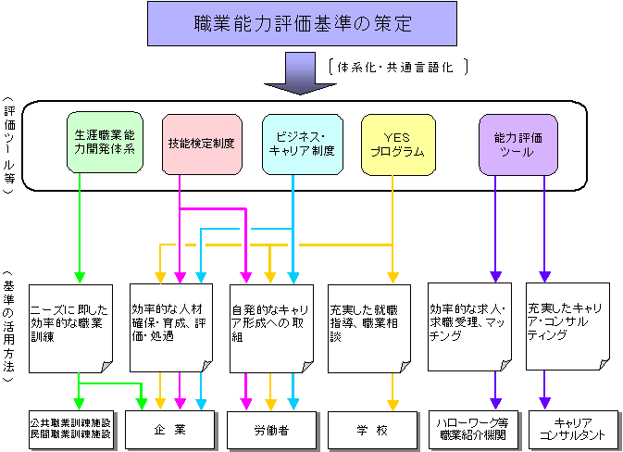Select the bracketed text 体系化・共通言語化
tap(398, 67)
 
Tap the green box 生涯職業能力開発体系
tap(105, 141)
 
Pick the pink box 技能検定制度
tap(201, 144)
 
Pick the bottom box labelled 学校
tap(370, 429)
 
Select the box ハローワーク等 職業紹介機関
tap(471, 429)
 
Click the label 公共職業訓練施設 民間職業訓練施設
tap(70, 429)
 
